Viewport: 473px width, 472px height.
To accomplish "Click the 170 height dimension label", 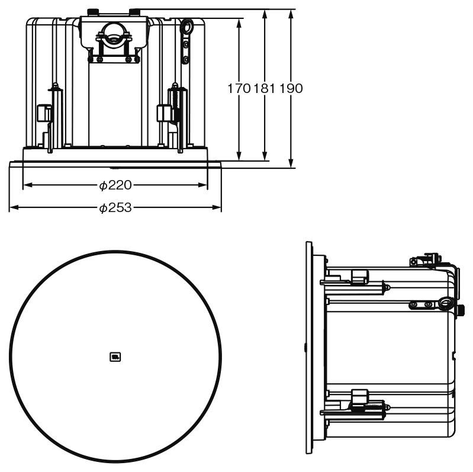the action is coord(239,89).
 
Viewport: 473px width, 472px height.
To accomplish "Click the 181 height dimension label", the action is coord(265,89).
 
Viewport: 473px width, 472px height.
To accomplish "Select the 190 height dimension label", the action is coord(291,89).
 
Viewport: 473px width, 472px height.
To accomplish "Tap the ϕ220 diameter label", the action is coord(115,185).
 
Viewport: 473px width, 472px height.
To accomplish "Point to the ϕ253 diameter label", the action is coord(115,208).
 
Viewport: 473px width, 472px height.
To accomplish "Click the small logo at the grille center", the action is coord(115,357).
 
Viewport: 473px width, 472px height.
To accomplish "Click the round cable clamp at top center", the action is coord(114,33).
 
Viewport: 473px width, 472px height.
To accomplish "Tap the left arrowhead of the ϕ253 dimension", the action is coord(14,207).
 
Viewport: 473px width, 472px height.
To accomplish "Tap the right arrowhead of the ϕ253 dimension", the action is coord(217,207).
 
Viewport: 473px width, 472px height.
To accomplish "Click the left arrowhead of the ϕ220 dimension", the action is coord(28,185).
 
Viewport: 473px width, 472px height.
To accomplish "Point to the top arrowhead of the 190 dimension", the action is coord(291,14).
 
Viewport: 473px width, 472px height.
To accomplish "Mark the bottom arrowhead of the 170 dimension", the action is coord(239,156).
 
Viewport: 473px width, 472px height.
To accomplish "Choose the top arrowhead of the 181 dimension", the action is coord(265,14).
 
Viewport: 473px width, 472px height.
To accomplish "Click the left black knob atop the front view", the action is coord(93,12).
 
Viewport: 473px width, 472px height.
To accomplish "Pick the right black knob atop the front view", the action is coord(134,12).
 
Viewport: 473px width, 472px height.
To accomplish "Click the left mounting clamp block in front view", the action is coord(44,113).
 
